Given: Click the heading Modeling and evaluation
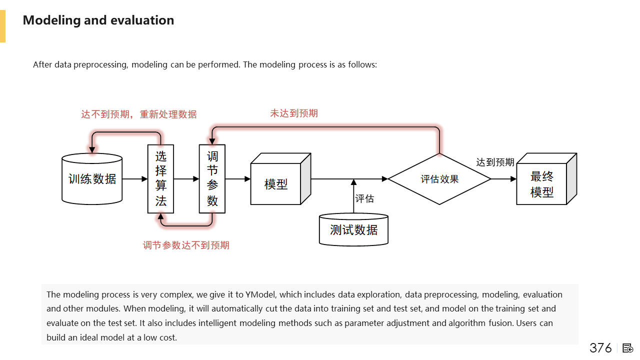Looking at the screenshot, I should pos(98,20).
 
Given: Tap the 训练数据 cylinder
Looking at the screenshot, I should pos(92,178).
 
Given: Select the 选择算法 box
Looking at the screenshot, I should pos(160,178).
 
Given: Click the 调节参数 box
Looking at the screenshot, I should pos(212,178).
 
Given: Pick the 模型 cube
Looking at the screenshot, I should pos(276,183).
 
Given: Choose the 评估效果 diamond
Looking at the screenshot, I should pos(439,178).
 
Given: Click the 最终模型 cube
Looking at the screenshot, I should pos(542,183).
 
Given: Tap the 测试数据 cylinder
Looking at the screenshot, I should pos(353,230).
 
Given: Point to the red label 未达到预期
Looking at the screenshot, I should pos(294,113).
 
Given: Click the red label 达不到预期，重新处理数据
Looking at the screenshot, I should pos(139,114).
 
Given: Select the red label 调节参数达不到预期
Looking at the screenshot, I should pos(186,245).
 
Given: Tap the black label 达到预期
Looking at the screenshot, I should pos(495,162).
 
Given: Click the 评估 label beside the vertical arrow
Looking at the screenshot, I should pos(364,198).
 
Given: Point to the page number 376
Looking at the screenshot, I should pos(600,348).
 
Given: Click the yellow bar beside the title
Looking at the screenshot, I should pos(2,26).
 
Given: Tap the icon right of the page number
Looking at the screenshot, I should pos(628,348).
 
